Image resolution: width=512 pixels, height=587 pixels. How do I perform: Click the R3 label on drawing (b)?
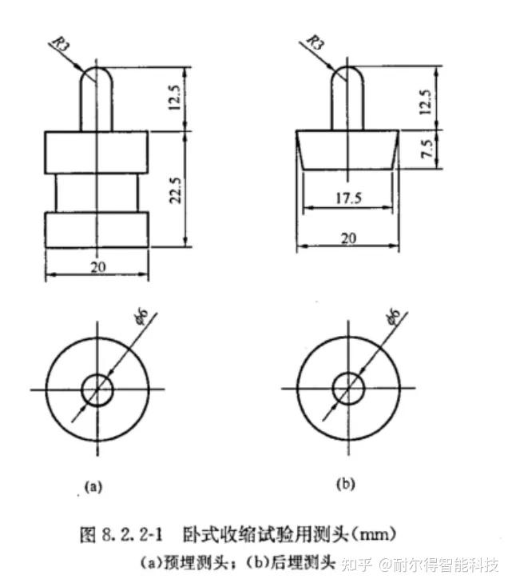click(316, 42)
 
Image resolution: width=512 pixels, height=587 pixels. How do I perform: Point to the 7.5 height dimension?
click(426, 149)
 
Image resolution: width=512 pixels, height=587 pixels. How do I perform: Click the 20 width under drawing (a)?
click(97, 266)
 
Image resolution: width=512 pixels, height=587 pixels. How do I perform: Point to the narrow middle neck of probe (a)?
click(97, 194)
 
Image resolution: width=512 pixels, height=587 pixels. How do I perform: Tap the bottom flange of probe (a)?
click(97, 229)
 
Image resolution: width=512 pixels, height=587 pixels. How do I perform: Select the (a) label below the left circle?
click(93, 485)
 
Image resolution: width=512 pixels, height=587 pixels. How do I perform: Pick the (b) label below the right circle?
click(345, 484)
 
